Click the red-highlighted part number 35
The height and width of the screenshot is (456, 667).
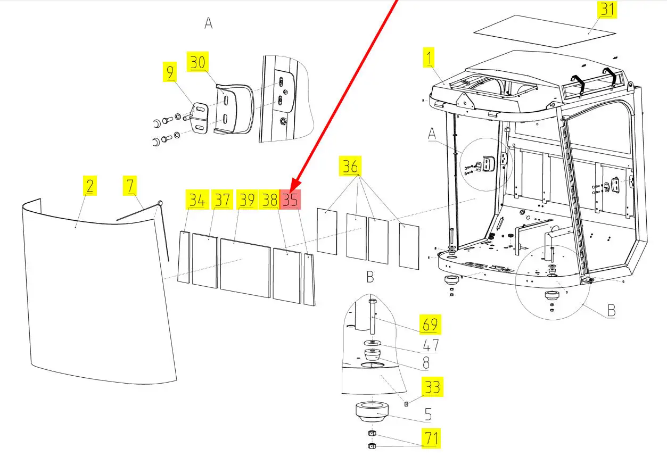(291, 200)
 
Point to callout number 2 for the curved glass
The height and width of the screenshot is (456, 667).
(90, 186)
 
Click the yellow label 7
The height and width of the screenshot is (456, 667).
(130, 186)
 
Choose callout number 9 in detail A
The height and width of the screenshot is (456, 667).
(170, 72)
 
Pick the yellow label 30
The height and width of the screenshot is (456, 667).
(197, 62)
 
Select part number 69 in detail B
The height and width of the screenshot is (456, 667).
(431, 324)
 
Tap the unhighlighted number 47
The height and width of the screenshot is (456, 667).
(431, 345)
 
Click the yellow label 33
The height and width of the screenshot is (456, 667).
(432, 387)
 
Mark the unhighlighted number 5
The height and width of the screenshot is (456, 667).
(427, 414)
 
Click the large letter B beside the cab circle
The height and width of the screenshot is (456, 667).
(612, 310)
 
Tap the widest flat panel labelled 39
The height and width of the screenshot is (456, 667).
(245, 268)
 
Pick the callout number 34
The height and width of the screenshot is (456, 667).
(197, 200)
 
